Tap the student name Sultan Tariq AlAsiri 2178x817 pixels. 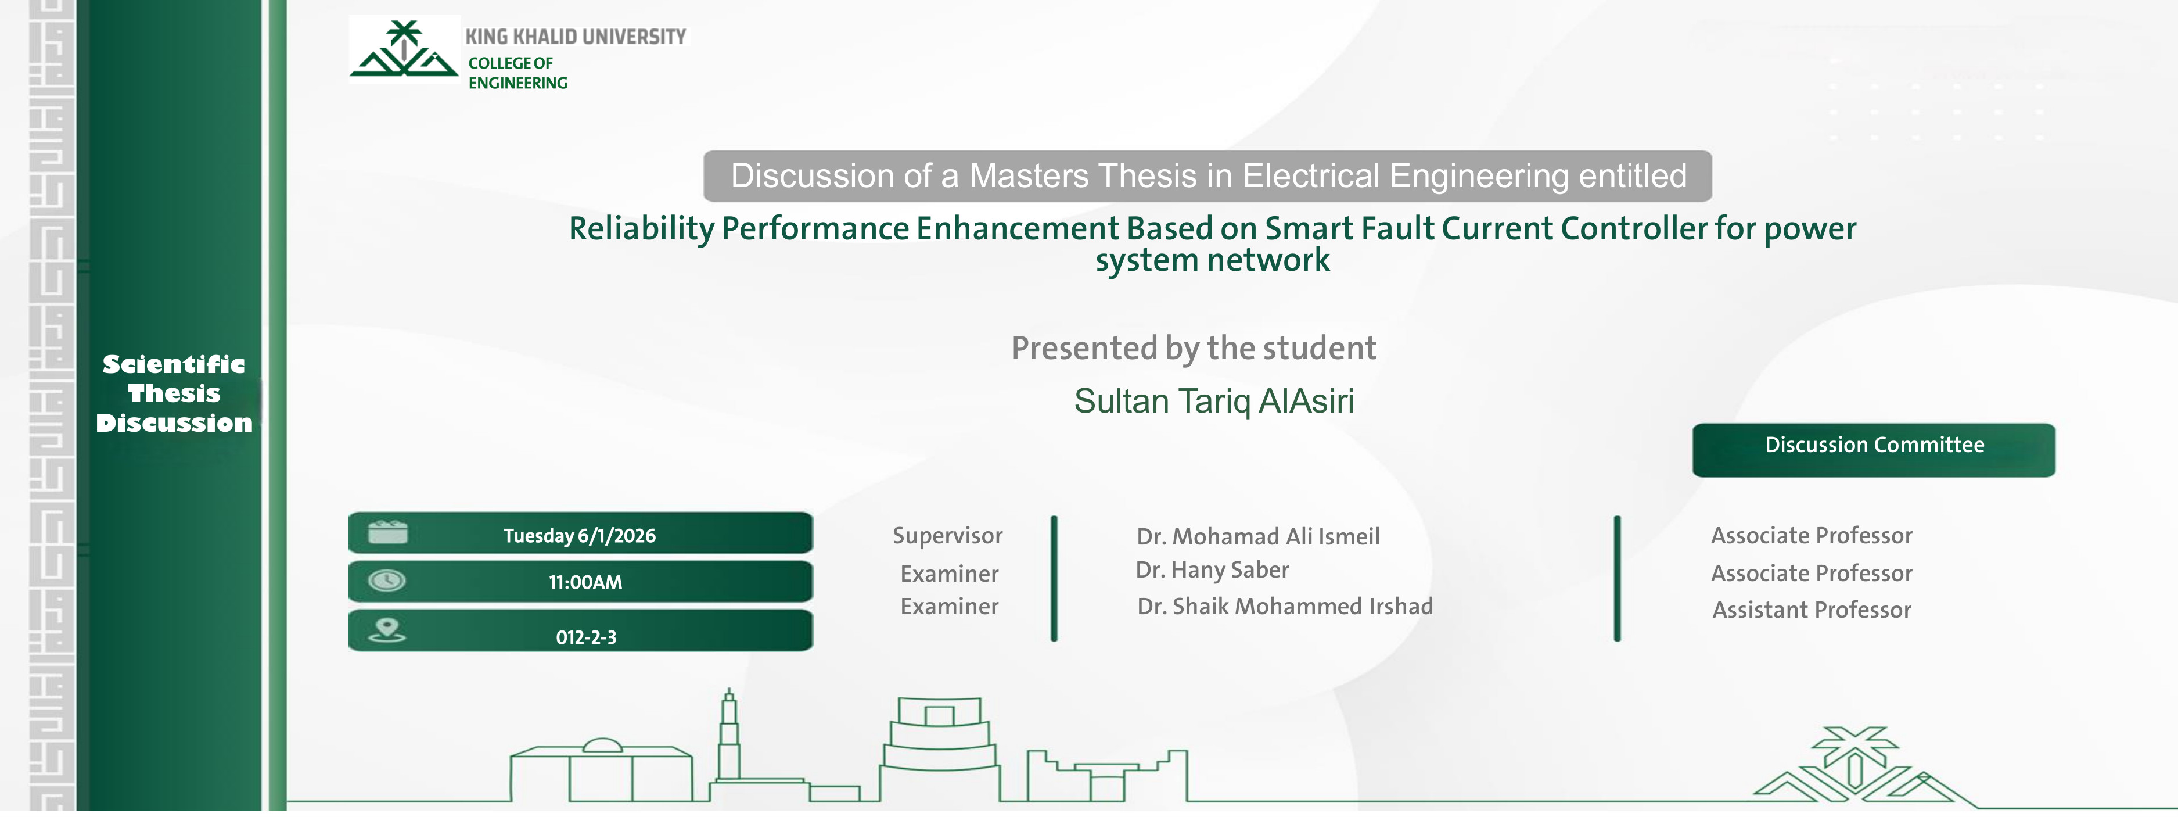[x=1213, y=401]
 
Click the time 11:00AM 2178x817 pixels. [x=585, y=582]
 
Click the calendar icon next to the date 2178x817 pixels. [x=388, y=533]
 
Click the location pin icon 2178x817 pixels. [x=387, y=630]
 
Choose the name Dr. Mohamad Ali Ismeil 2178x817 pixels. [x=1257, y=536]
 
